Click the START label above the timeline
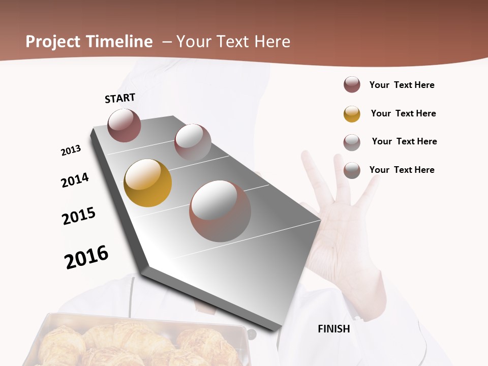click(x=120, y=98)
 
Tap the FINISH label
click(x=334, y=329)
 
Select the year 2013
click(x=71, y=150)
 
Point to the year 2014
click(x=75, y=180)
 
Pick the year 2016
click(x=86, y=257)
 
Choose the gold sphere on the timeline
click(x=147, y=183)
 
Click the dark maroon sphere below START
click(x=124, y=125)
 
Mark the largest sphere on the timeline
click(x=220, y=211)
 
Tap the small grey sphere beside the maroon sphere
click(x=193, y=142)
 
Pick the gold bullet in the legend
click(x=352, y=114)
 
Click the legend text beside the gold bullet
click(x=403, y=113)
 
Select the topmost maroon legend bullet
click(x=352, y=85)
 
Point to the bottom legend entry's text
click(x=402, y=170)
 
